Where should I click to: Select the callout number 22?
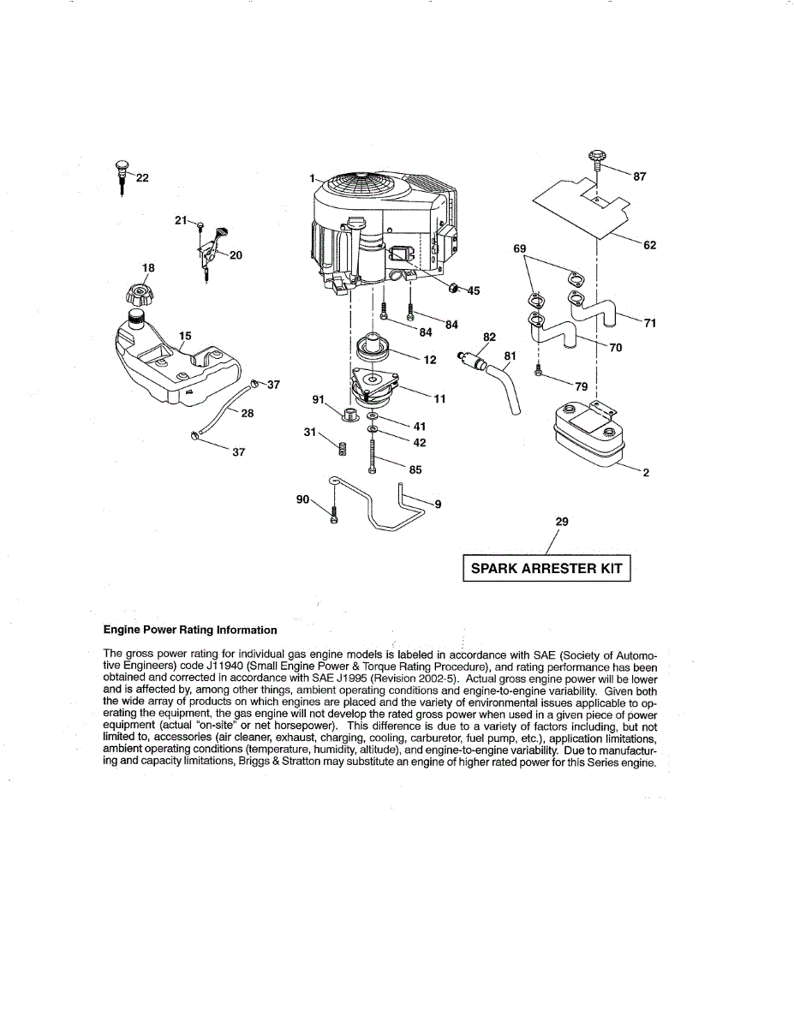pos(142,177)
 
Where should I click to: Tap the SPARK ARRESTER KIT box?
pos(546,569)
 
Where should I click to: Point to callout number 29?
pos(562,521)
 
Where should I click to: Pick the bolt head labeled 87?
pos(597,159)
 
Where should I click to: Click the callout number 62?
pos(649,245)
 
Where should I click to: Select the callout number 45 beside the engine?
pos(474,291)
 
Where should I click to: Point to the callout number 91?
pos(318,399)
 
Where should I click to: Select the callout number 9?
pos(438,504)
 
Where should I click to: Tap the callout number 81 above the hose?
pos(510,356)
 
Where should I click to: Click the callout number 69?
pos(519,248)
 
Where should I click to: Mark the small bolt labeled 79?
pos(538,371)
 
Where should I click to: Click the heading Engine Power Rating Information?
pos(190,630)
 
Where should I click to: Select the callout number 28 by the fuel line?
pos(247,413)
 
